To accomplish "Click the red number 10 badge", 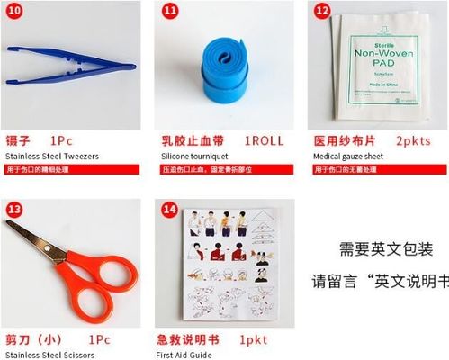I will pyautogui.click(x=14, y=11).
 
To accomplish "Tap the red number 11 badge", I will pyautogui.click(x=170, y=11).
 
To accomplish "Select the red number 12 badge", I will pyautogui.click(x=322, y=11).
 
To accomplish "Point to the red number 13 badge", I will pyautogui.click(x=14, y=209).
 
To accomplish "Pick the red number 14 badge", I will pyautogui.click(x=169, y=209).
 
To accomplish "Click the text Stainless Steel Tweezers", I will pyautogui.click(x=51, y=157).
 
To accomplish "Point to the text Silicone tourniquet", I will pyautogui.click(x=194, y=157).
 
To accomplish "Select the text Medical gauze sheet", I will pyautogui.click(x=350, y=157).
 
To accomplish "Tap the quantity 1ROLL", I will pyautogui.click(x=265, y=141).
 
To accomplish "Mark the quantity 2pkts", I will pyautogui.click(x=414, y=141).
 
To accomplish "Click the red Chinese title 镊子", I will pyautogui.click(x=18, y=141).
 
